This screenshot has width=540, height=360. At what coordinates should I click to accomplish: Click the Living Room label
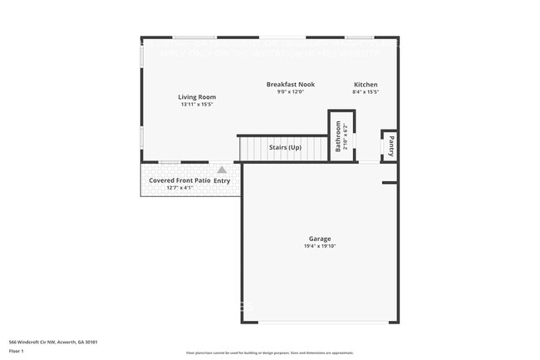(x=197, y=97)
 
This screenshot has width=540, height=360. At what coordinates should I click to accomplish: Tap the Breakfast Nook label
(x=291, y=85)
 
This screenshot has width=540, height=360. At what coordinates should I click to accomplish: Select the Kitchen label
(x=366, y=85)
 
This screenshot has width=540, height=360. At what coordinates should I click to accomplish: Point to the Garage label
(x=319, y=239)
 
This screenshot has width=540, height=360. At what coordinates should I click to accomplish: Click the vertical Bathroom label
(x=338, y=136)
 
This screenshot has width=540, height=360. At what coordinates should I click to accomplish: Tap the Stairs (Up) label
(x=285, y=148)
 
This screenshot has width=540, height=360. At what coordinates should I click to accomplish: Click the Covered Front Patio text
(x=179, y=180)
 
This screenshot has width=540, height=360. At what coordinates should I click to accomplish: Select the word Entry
(x=222, y=180)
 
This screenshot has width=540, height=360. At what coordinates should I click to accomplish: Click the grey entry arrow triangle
(x=222, y=170)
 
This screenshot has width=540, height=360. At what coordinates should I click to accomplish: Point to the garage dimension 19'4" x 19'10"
(x=319, y=246)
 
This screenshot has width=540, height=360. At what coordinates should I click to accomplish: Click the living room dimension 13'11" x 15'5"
(x=197, y=105)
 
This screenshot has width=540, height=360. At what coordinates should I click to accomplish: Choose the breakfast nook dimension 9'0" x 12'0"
(x=291, y=92)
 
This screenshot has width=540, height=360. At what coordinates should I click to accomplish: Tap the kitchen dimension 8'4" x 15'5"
(x=366, y=92)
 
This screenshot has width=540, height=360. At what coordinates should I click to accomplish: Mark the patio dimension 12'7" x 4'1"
(x=179, y=188)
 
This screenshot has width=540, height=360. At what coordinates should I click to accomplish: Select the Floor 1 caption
(x=17, y=351)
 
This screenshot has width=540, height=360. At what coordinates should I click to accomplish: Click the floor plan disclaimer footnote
(x=269, y=353)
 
